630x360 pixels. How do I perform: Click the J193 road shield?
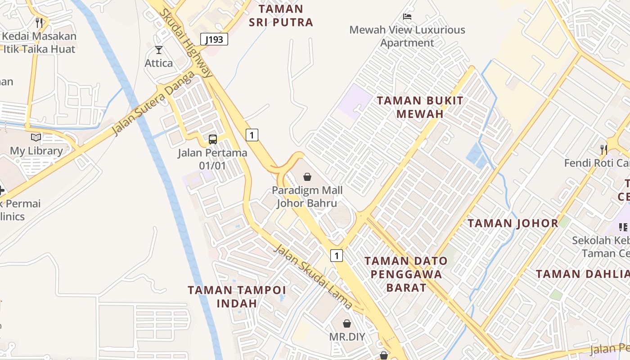click(x=214, y=39)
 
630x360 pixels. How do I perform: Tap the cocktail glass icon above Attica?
click(x=158, y=50)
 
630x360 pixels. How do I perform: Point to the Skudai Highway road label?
click(x=185, y=43)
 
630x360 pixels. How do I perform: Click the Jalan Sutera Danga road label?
click(x=153, y=103)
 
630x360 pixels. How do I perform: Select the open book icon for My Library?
click(x=36, y=137)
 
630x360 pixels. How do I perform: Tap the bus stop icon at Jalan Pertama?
click(x=213, y=139)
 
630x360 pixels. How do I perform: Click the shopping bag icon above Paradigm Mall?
click(x=307, y=177)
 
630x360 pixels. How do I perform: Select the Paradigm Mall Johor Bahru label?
click(x=307, y=197)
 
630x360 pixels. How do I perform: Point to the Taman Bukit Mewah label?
click(x=420, y=107)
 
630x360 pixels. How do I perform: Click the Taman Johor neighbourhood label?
click(x=513, y=223)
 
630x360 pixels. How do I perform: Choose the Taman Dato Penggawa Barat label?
click(x=406, y=274)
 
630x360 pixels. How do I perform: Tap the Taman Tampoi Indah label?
click(x=237, y=296)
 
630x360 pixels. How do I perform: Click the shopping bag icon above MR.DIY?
click(x=347, y=324)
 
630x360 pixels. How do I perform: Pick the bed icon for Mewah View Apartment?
click(x=407, y=17)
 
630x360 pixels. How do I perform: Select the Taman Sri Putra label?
click(x=281, y=16)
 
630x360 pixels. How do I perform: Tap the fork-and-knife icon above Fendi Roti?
click(x=603, y=149)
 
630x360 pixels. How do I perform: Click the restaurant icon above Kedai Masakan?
click(x=39, y=22)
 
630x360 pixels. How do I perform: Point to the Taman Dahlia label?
click(x=583, y=274)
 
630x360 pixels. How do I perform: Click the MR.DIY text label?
click(x=347, y=337)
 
